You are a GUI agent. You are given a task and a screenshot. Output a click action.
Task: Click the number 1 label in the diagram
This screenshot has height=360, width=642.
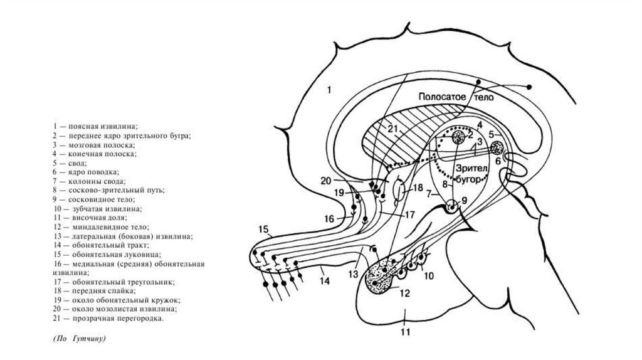(x=329, y=90)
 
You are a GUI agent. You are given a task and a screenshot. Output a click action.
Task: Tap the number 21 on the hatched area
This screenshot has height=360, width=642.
(x=393, y=129)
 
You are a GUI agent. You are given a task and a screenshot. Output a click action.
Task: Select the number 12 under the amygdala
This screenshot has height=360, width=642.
(x=404, y=292)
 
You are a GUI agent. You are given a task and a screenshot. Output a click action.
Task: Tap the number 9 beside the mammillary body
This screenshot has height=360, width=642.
(x=465, y=200)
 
